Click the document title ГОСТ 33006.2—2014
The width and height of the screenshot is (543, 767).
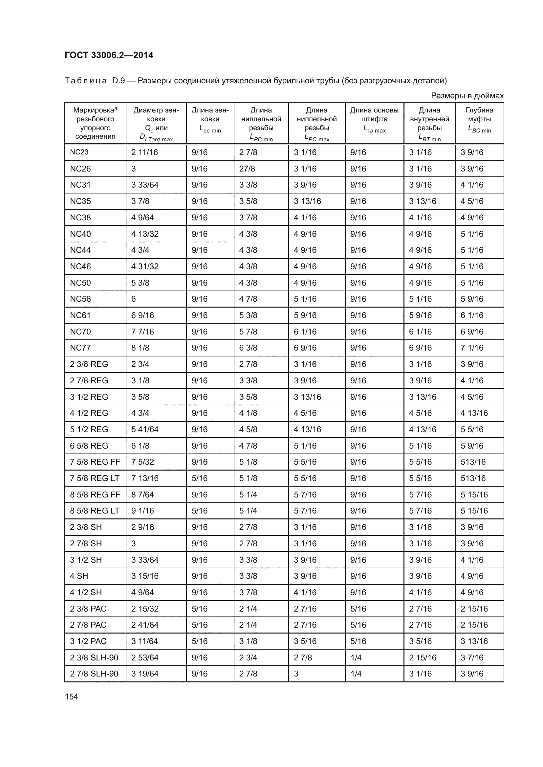pyautogui.click(x=109, y=55)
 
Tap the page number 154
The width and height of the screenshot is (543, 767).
pyautogui.click(x=71, y=696)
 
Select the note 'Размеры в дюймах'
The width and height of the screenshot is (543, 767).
pyautogui.click(x=467, y=96)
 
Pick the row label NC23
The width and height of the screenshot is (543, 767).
pyautogui.click(x=79, y=152)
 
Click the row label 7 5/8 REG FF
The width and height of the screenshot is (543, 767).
pyautogui.click(x=95, y=462)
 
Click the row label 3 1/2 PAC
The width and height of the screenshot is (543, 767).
pyautogui.click(x=88, y=641)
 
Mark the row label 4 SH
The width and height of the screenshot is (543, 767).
pyautogui.click(x=79, y=576)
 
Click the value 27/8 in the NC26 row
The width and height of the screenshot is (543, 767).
pyautogui.click(x=247, y=169)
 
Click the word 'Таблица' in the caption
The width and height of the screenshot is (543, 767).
pyautogui.click(x=86, y=81)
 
